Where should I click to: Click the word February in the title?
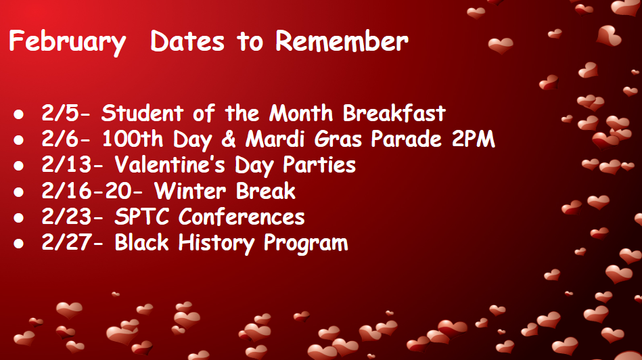tap(67, 42)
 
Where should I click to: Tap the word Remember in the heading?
tap(342, 41)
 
